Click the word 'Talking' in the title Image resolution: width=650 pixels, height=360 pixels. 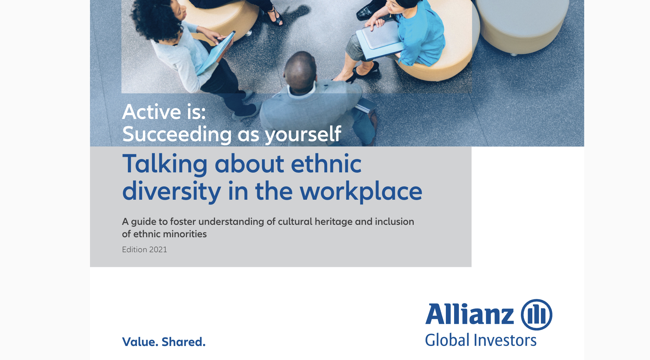pyautogui.click(x=165, y=164)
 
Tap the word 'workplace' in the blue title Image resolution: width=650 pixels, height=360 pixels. pyautogui.click(x=361, y=191)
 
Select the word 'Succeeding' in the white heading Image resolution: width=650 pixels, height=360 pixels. pyautogui.click(x=177, y=134)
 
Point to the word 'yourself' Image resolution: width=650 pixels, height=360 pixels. pyautogui.click(x=303, y=134)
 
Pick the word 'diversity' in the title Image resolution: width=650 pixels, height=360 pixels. pyautogui.click(x=171, y=191)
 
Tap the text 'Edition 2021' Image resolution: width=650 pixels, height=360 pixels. pyautogui.click(x=144, y=250)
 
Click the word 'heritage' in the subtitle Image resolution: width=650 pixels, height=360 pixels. pyautogui.click(x=334, y=222)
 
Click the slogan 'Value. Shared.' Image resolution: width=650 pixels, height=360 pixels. pyautogui.click(x=164, y=342)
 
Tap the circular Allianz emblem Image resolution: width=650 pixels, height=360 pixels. pyautogui.click(x=536, y=315)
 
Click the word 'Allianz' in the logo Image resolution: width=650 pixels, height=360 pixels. pyautogui.click(x=470, y=314)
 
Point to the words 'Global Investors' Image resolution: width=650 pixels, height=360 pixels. pyautogui.click(x=481, y=340)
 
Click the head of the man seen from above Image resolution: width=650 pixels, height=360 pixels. pyautogui.click(x=300, y=72)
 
